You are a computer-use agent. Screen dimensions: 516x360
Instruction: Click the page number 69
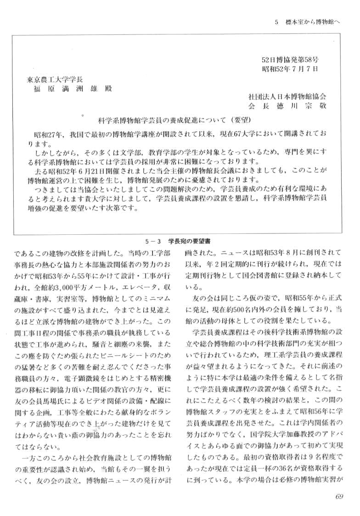pos(339,495)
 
